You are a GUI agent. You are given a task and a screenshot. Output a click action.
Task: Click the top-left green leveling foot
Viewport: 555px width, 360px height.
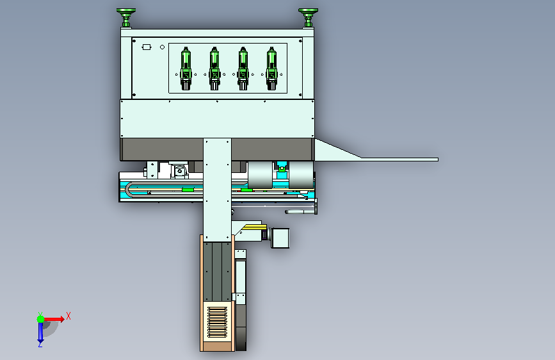(126, 18)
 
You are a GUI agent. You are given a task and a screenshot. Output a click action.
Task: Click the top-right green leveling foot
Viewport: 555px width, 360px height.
(308, 18)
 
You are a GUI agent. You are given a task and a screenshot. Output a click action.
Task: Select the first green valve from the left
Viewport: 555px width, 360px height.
(186, 69)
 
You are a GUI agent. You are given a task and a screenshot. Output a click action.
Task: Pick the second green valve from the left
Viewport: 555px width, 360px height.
(214, 69)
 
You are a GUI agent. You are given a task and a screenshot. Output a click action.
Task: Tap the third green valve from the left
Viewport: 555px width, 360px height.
(243, 69)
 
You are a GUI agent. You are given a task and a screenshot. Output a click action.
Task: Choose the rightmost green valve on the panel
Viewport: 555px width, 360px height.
(271, 69)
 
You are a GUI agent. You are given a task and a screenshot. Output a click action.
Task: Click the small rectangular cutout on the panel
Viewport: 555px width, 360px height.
(147, 47)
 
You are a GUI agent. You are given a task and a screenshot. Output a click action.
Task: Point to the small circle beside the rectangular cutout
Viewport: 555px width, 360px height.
(162, 47)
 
